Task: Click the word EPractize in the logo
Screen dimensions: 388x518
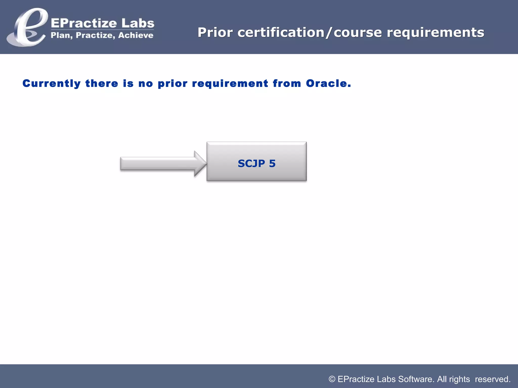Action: pos(84,23)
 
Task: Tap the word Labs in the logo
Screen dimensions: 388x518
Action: pos(138,23)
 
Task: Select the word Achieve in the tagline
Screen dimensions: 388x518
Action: pos(136,35)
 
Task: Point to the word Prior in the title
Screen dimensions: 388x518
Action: pos(215,33)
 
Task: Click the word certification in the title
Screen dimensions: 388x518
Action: pos(281,33)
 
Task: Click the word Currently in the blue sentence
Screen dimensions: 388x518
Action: pos(52,84)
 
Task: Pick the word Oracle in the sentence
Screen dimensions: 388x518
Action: pos(328,83)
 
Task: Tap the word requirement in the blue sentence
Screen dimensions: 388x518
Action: pos(230,84)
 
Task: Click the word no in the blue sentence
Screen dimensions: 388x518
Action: pos(146,84)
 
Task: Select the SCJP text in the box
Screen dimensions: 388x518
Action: pos(251,163)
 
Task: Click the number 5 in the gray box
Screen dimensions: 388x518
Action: pos(272,163)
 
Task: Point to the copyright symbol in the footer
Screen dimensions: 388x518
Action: pos(332,379)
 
